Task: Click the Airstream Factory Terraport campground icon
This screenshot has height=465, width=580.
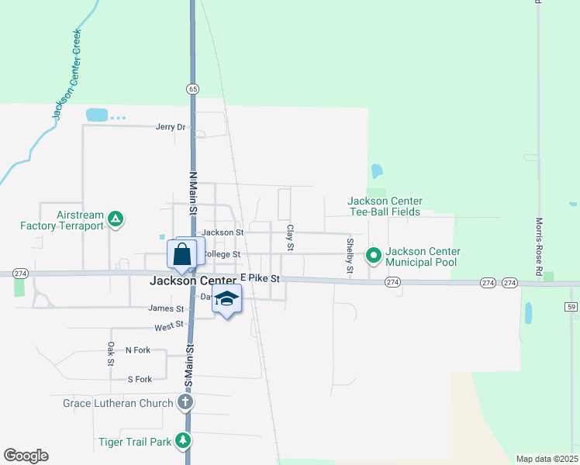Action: (116, 219)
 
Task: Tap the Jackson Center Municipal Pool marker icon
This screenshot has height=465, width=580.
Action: (374, 254)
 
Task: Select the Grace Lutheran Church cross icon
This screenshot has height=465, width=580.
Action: (185, 402)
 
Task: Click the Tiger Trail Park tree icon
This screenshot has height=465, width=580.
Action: (183, 441)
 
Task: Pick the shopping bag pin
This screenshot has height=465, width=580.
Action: (181, 254)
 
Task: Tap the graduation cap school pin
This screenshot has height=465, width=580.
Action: (226, 298)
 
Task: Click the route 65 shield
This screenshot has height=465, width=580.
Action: (192, 89)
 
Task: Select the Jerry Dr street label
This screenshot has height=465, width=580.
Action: (171, 127)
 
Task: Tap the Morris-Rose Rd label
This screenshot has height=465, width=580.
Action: (539, 246)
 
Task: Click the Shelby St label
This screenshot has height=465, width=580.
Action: (350, 257)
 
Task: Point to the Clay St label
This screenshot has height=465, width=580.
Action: (290, 237)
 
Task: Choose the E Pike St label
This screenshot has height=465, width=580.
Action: (260, 277)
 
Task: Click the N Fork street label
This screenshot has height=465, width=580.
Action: (138, 350)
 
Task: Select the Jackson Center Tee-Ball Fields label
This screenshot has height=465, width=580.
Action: (384, 206)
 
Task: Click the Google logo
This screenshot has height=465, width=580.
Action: (26, 456)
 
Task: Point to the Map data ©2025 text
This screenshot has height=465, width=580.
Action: (547, 459)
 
